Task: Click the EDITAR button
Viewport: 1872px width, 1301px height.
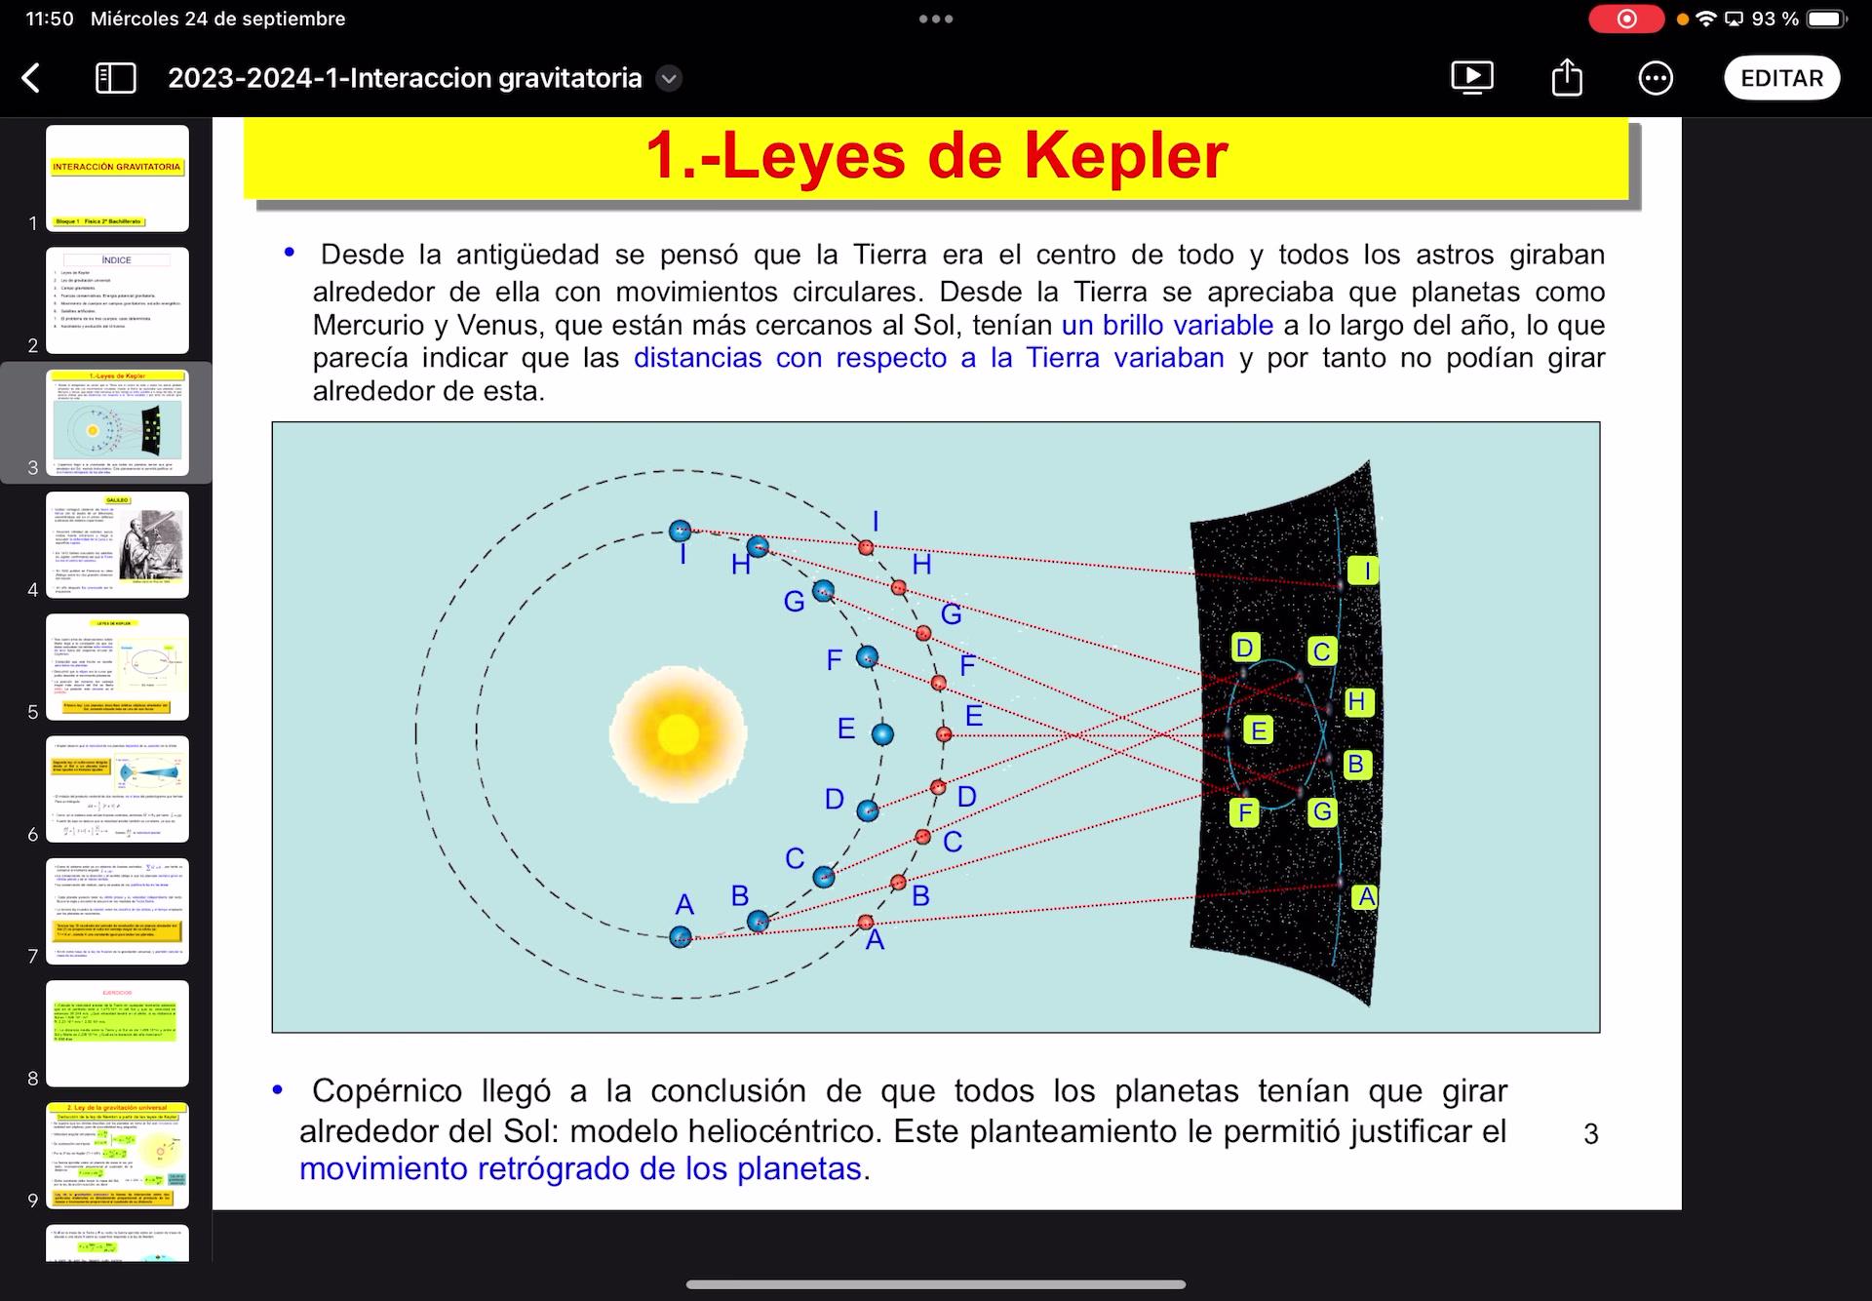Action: tap(1781, 78)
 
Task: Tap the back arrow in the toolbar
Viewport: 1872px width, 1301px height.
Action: tap(31, 78)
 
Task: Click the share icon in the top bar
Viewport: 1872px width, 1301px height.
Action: tap(1567, 78)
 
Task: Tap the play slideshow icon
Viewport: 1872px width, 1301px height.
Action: tap(1472, 77)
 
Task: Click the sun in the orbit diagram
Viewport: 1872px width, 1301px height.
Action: tap(679, 733)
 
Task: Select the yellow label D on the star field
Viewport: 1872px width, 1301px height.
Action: tap(1244, 648)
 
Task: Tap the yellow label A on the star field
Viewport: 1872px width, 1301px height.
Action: tap(1366, 896)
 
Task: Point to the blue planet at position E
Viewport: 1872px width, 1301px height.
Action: tap(882, 733)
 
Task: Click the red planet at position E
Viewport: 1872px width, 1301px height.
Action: tap(944, 733)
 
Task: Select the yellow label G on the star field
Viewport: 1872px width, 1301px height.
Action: tap(1322, 811)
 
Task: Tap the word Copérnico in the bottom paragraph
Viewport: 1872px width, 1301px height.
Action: tap(386, 1090)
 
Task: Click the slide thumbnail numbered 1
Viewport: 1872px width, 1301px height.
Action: tap(117, 178)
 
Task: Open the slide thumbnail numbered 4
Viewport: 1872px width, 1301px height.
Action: tap(117, 545)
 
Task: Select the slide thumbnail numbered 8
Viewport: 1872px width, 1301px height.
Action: tap(117, 1033)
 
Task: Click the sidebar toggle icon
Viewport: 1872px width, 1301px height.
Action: tap(116, 78)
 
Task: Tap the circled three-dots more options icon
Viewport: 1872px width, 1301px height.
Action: tap(1656, 78)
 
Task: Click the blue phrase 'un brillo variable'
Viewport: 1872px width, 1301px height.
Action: tap(1167, 325)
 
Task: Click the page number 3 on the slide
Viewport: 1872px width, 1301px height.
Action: tap(1590, 1133)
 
